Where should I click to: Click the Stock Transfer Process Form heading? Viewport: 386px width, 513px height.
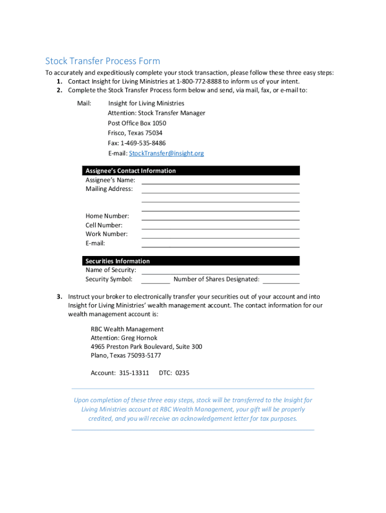103,61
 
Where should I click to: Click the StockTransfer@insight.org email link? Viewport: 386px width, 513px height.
166,153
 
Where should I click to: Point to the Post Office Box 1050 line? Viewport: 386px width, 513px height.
137,123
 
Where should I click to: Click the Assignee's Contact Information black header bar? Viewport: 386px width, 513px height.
190,171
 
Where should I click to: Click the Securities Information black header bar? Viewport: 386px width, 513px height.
190,261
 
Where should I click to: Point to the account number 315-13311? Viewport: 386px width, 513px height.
134,373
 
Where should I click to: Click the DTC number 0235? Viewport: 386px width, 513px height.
182,373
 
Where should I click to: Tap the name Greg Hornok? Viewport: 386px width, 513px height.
139,338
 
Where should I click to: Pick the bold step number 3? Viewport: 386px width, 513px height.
59,297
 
